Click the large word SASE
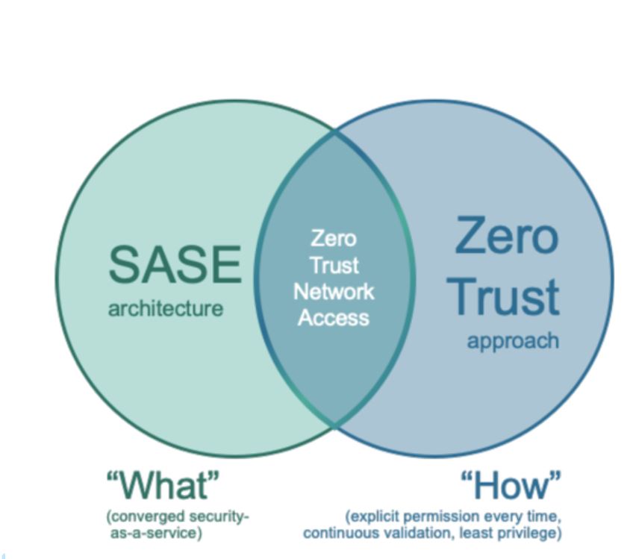175,265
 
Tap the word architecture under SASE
166,309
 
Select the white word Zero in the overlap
334,239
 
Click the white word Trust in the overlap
334,265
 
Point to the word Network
334,291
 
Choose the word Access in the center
334,318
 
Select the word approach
513,342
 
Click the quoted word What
163,484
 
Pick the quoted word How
511,484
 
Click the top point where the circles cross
334,132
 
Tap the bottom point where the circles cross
334,425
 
